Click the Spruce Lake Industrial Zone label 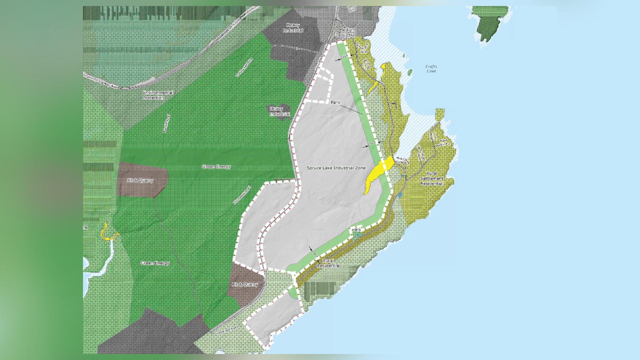coord(336,168)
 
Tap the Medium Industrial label coord(346,32)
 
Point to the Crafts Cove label coord(431,69)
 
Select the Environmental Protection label coord(158,95)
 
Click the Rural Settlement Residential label coord(432,179)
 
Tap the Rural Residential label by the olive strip coord(328,263)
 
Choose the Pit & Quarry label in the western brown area coord(140,181)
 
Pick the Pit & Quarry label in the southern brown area coord(245,285)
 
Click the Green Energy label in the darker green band coord(216,167)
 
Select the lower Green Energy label coord(155,263)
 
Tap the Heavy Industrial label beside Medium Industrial coord(293,28)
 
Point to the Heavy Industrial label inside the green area coord(279,111)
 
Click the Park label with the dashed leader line coord(335,102)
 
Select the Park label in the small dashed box coord(356,230)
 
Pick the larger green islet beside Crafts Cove coord(410,72)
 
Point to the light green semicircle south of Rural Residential coord(293,293)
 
